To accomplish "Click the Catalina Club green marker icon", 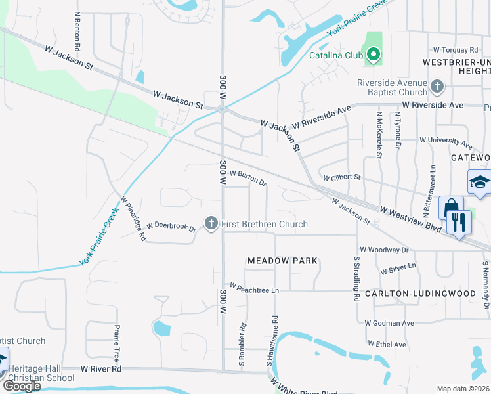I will [374, 55].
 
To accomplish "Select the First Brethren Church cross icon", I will [211, 224].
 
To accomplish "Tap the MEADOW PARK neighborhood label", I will [282, 261].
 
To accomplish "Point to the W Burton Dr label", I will [247, 177].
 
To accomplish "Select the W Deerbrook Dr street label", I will [171, 227].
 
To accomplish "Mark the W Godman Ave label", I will [389, 323].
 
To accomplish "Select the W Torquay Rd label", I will [456, 50].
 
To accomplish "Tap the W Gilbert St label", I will [341, 177].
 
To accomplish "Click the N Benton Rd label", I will [77, 32].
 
